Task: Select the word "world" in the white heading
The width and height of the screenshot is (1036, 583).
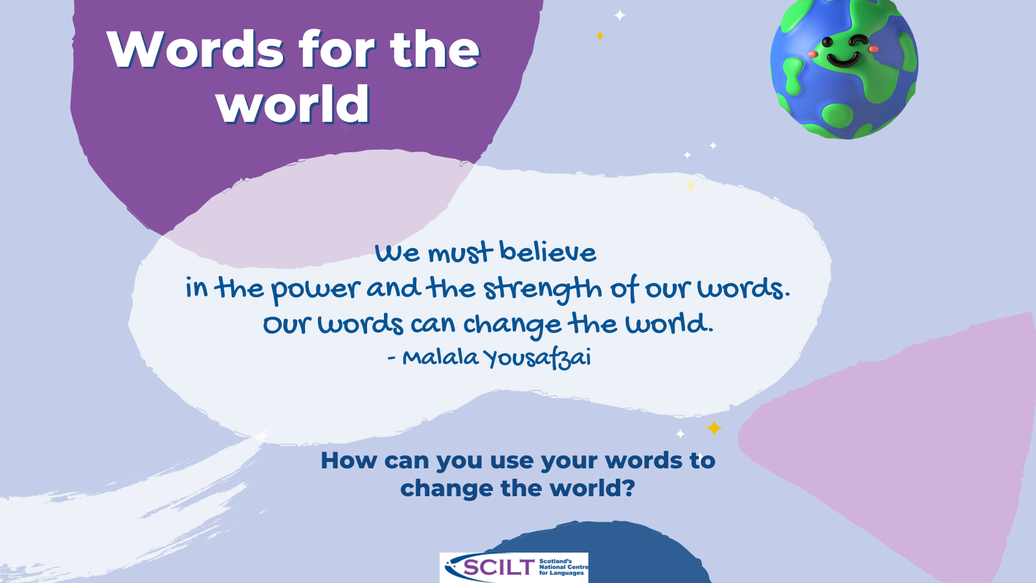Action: [293, 104]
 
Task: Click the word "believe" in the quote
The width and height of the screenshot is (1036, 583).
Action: [548, 252]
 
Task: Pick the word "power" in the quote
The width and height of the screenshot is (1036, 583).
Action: [316, 290]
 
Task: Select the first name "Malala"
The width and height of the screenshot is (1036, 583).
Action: [440, 358]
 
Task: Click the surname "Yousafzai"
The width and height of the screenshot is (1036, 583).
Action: [537, 358]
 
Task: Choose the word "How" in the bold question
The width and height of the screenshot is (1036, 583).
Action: [348, 461]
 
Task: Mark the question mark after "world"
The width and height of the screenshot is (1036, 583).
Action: [629, 488]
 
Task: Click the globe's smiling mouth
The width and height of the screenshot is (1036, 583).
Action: [842, 62]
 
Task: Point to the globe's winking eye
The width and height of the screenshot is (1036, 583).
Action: [859, 42]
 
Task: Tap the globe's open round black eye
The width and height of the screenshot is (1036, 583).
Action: [827, 43]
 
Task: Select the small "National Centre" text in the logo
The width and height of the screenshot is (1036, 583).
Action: [563, 567]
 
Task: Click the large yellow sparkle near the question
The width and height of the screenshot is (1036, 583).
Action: [714, 428]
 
